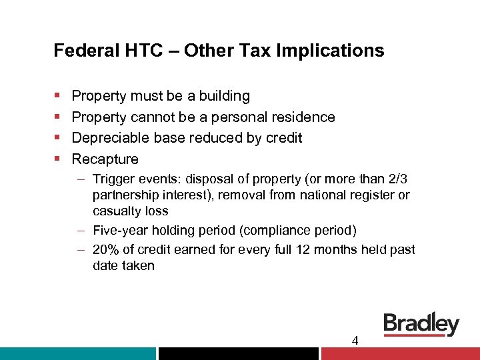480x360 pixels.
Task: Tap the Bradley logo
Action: (x=421, y=325)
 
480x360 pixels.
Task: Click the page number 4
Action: (x=355, y=341)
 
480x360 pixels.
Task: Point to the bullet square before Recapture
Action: (x=57, y=159)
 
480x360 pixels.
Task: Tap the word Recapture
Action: (x=105, y=159)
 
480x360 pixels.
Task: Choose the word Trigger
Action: (x=114, y=179)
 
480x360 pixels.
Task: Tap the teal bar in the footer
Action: (x=78, y=353)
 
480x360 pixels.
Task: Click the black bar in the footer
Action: (x=239, y=353)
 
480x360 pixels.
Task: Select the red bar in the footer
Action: (x=400, y=353)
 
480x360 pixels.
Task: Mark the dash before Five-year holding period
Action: (x=80, y=231)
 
